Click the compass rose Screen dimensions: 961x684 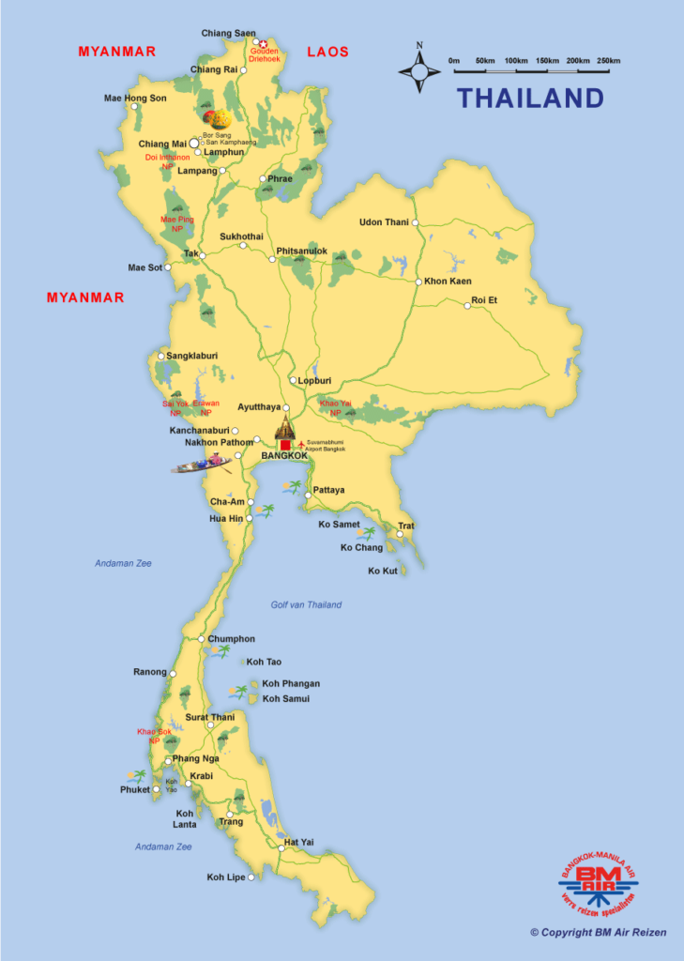point(419,69)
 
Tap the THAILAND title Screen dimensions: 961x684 point(530,98)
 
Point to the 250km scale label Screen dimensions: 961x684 point(608,61)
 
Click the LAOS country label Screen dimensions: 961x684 point(327,52)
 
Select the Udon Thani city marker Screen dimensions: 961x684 point(415,222)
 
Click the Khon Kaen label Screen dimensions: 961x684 point(448,282)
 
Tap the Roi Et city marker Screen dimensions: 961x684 point(467,305)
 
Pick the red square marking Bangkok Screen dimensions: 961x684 point(286,444)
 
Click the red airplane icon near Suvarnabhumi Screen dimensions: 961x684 point(300,444)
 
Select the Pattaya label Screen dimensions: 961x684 point(328,490)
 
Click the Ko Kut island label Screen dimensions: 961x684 point(383,571)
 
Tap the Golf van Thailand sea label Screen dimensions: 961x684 point(306,605)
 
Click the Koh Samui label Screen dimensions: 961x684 point(286,699)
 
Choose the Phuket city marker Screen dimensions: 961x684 point(156,789)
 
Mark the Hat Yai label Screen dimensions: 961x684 point(298,842)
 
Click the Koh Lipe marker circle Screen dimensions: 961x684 point(251,877)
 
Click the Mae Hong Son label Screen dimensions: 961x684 point(135,98)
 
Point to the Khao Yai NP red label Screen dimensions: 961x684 point(335,408)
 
